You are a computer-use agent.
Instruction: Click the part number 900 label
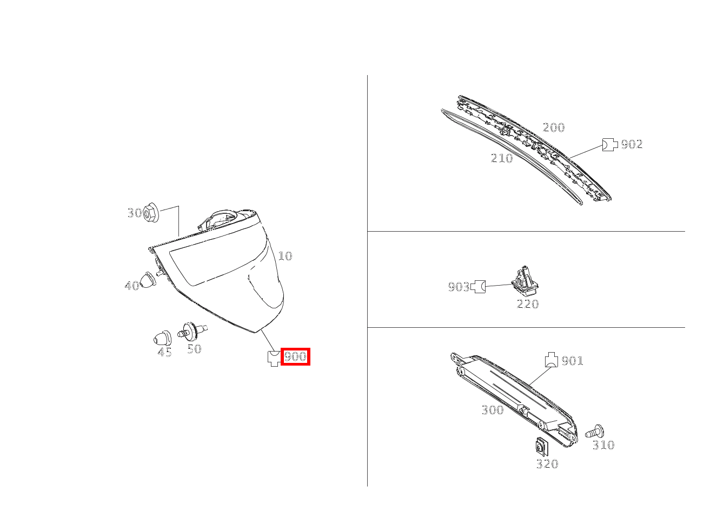pyautogui.click(x=296, y=356)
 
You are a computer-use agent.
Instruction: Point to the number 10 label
pyautogui.click(x=285, y=256)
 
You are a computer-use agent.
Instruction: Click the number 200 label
pyautogui.click(x=554, y=127)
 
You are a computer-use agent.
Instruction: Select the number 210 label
pyautogui.click(x=501, y=158)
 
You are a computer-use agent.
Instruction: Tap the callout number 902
pyautogui.click(x=632, y=144)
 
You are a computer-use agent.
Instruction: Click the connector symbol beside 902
pyautogui.click(x=609, y=145)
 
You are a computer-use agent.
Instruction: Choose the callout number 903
pyautogui.click(x=459, y=287)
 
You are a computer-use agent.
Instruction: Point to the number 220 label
pyautogui.click(x=528, y=304)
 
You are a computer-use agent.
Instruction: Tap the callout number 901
pyautogui.click(x=573, y=361)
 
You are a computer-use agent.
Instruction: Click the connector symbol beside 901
pyautogui.click(x=551, y=360)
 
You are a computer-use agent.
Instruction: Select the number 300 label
pyautogui.click(x=493, y=410)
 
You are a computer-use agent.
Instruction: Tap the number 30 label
pyautogui.click(x=134, y=213)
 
